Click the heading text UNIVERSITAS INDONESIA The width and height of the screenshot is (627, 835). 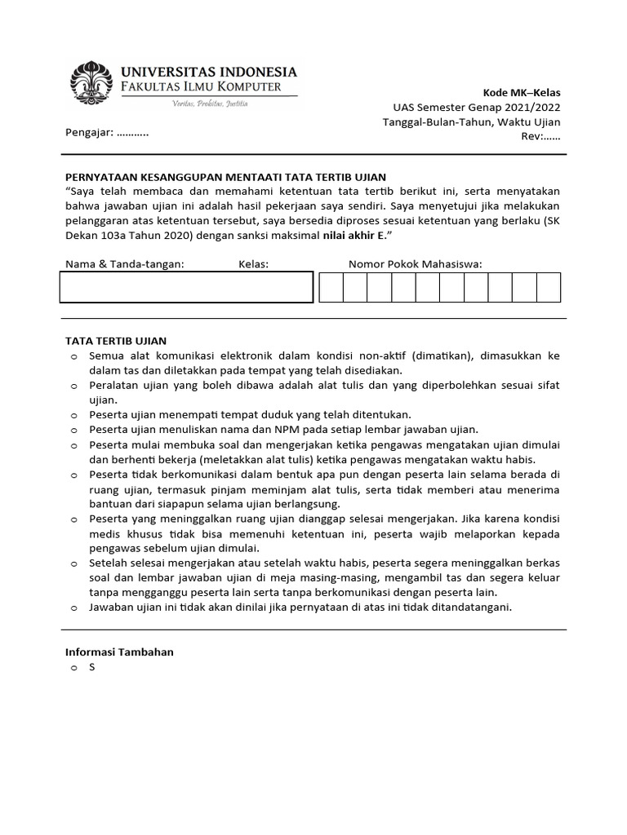click(209, 73)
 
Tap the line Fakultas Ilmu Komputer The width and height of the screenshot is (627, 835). click(202, 87)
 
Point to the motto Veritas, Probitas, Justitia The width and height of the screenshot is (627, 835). click(209, 104)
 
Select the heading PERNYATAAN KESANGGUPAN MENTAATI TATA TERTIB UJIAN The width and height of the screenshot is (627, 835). click(225, 176)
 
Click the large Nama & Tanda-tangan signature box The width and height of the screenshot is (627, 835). click(186, 287)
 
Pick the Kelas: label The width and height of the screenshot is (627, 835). click(253, 263)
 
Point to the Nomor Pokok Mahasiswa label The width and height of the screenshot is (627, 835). click(415, 263)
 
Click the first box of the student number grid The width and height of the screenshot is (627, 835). click(331, 288)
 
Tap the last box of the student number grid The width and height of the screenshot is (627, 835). click(549, 288)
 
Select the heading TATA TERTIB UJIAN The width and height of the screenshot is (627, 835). click(115, 341)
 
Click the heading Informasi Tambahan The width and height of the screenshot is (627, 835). click(119, 652)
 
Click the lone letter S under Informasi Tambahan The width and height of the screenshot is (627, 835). click(92, 667)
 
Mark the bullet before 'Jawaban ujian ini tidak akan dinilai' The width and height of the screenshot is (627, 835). click(73, 607)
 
